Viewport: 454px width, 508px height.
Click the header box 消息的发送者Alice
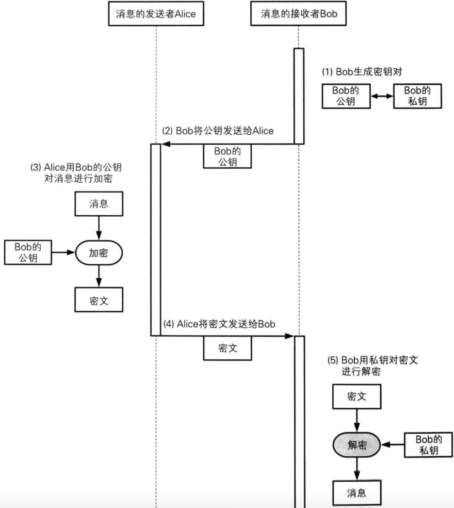pos(155,14)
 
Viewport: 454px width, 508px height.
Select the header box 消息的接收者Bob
pos(298,14)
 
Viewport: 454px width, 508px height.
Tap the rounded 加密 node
pos(99,253)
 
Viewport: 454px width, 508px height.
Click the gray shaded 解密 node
pos(356,444)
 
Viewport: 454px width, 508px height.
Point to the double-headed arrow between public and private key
pos(382,96)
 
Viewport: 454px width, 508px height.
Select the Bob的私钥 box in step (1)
pos(418,96)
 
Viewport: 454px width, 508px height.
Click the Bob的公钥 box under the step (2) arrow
pos(228,156)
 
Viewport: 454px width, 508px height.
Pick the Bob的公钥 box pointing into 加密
pos(28,252)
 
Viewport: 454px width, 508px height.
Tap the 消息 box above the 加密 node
pos(99,203)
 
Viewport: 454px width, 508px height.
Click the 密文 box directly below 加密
pos(99,300)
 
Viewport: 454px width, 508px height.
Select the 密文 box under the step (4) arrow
pos(228,348)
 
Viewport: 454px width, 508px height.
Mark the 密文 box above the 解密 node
pos(356,396)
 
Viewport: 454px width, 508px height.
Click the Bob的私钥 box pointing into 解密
pos(429,444)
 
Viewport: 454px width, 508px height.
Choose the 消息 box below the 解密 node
pos(356,493)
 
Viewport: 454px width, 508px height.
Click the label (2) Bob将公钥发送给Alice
pos(218,131)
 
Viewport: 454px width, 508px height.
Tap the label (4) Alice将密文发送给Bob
pos(219,324)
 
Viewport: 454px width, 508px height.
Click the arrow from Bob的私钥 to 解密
pos(394,444)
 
